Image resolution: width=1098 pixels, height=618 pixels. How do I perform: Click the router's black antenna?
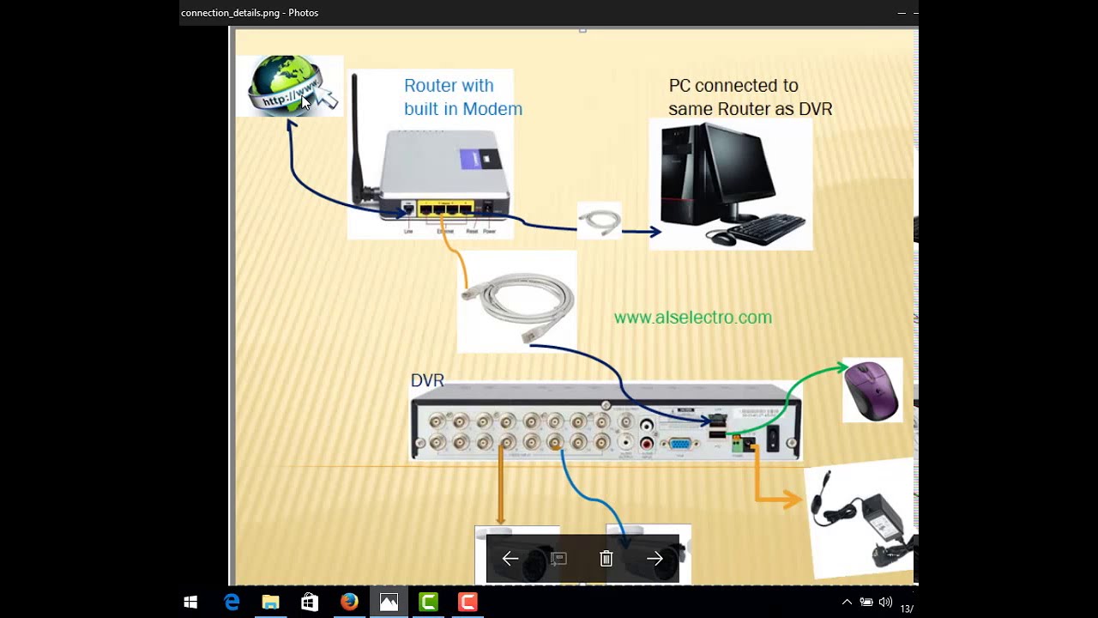point(355,137)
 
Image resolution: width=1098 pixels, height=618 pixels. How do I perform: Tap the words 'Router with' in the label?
point(449,86)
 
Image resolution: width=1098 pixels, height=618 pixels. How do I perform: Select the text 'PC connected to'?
point(733,86)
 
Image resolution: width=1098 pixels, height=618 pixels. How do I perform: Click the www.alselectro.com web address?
point(693,318)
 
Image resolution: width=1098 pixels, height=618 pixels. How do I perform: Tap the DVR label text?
point(427,380)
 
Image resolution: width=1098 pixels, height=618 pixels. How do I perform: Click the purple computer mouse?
point(872,390)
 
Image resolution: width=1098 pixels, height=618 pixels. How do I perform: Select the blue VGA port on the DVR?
point(680,444)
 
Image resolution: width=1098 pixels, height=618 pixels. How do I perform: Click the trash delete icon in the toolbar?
point(606,559)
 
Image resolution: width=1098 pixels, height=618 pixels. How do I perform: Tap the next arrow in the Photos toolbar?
point(655,559)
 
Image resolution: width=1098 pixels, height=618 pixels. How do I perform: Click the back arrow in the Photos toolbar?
point(510,559)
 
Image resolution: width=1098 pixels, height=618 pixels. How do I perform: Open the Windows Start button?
point(190,603)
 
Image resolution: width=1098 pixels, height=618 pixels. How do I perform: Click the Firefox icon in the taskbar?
point(349,603)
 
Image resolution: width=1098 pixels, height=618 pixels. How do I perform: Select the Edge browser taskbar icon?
point(232,603)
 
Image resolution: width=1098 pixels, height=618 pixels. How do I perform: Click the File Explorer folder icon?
point(270,603)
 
